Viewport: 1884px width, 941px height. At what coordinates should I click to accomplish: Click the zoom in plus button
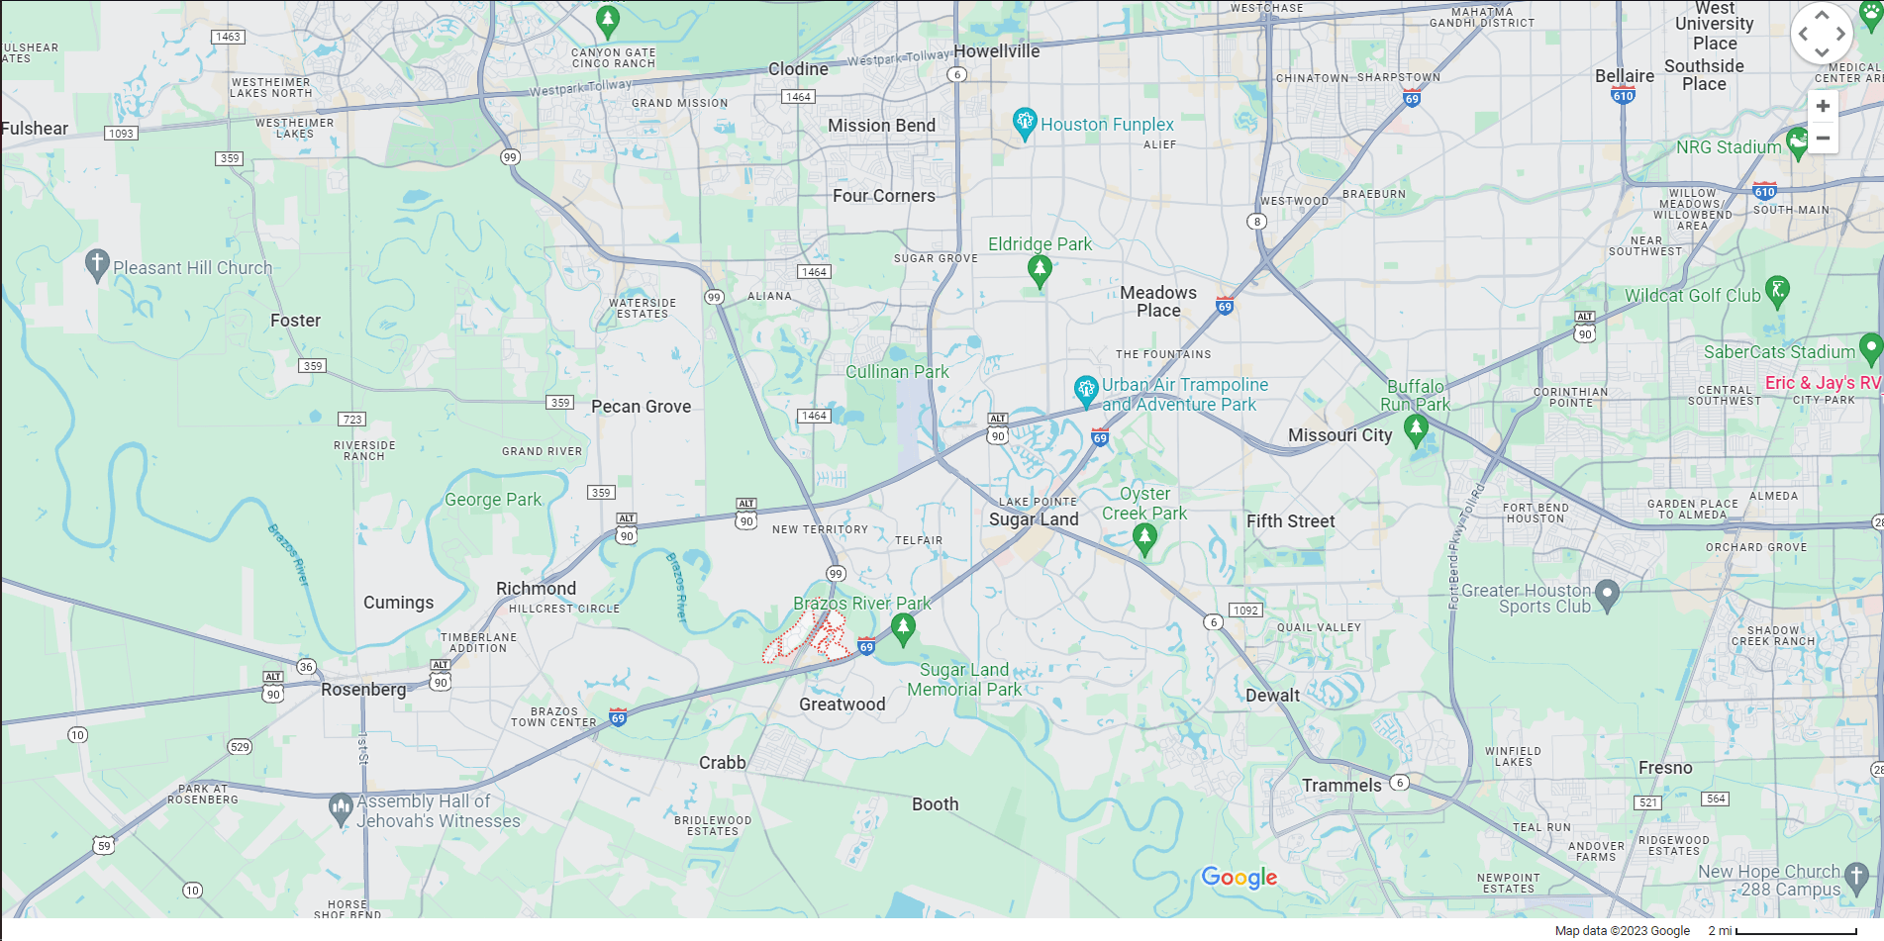click(x=1823, y=106)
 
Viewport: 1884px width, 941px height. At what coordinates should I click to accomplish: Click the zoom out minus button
click(x=1823, y=139)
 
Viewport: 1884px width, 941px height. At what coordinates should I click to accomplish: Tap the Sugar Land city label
click(x=1034, y=519)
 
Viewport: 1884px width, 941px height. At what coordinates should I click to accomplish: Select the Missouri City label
click(x=1339, y=435)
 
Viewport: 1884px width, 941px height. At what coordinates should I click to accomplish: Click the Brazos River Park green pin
click(x=902, y=627)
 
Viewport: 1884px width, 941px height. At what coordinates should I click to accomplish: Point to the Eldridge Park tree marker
click(x=1039, y=268)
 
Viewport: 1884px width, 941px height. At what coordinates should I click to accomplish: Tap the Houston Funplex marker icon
click(x=1025, y=124)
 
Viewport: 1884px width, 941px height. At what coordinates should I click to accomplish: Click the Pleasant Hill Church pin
click(x=96, y=264)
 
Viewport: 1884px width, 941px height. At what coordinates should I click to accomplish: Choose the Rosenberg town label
click(x=363, y=690)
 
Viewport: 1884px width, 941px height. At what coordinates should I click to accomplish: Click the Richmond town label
click(x=536, y=589)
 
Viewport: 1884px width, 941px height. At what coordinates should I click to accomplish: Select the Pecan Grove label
click(x=641, y=407)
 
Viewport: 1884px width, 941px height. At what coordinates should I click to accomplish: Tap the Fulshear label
click(x=35, y=129)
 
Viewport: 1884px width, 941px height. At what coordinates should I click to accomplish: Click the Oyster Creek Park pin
click(x=1144, y=537)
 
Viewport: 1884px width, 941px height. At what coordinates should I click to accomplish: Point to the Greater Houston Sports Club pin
click(x=1607, y=594)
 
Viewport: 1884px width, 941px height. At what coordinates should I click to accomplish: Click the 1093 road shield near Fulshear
click(x=121, y=134)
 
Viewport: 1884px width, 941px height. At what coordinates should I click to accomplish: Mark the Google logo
click(x=1239, y=878)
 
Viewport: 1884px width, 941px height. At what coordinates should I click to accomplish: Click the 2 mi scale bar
click(x=1795, y=931)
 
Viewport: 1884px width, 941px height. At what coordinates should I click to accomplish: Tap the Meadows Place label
click(x=1158, y=302)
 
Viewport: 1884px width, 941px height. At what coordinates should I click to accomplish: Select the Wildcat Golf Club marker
click(x=1777, y=290)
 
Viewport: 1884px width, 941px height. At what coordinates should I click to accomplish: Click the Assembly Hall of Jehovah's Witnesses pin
click(x=341, y=808)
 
